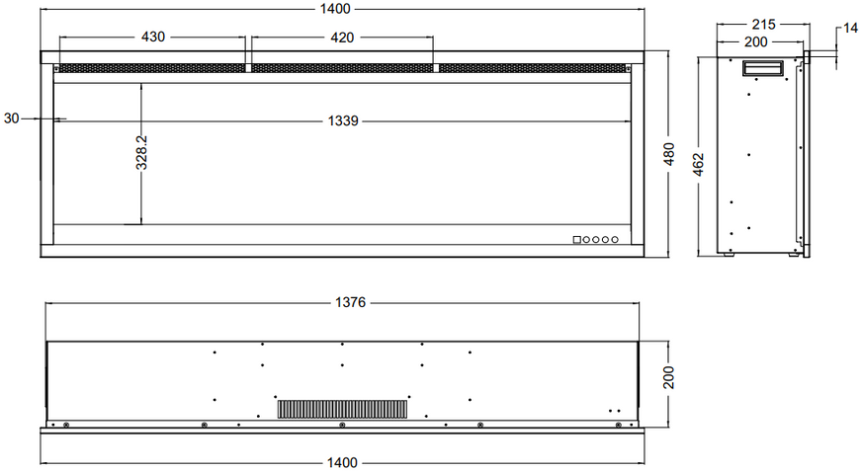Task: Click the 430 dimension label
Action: pos(153,37)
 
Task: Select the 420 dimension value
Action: pos(342,38)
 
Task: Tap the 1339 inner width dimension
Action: pos(343,120)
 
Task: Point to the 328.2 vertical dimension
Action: pos(141,152)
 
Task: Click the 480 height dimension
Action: pos(669,154)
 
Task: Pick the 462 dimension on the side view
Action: pos(698,165)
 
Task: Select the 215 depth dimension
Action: pos(763,24)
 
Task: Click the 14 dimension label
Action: pos(851,28)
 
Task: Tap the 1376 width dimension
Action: pos(351,302)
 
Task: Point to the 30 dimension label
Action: pos(11,118)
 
